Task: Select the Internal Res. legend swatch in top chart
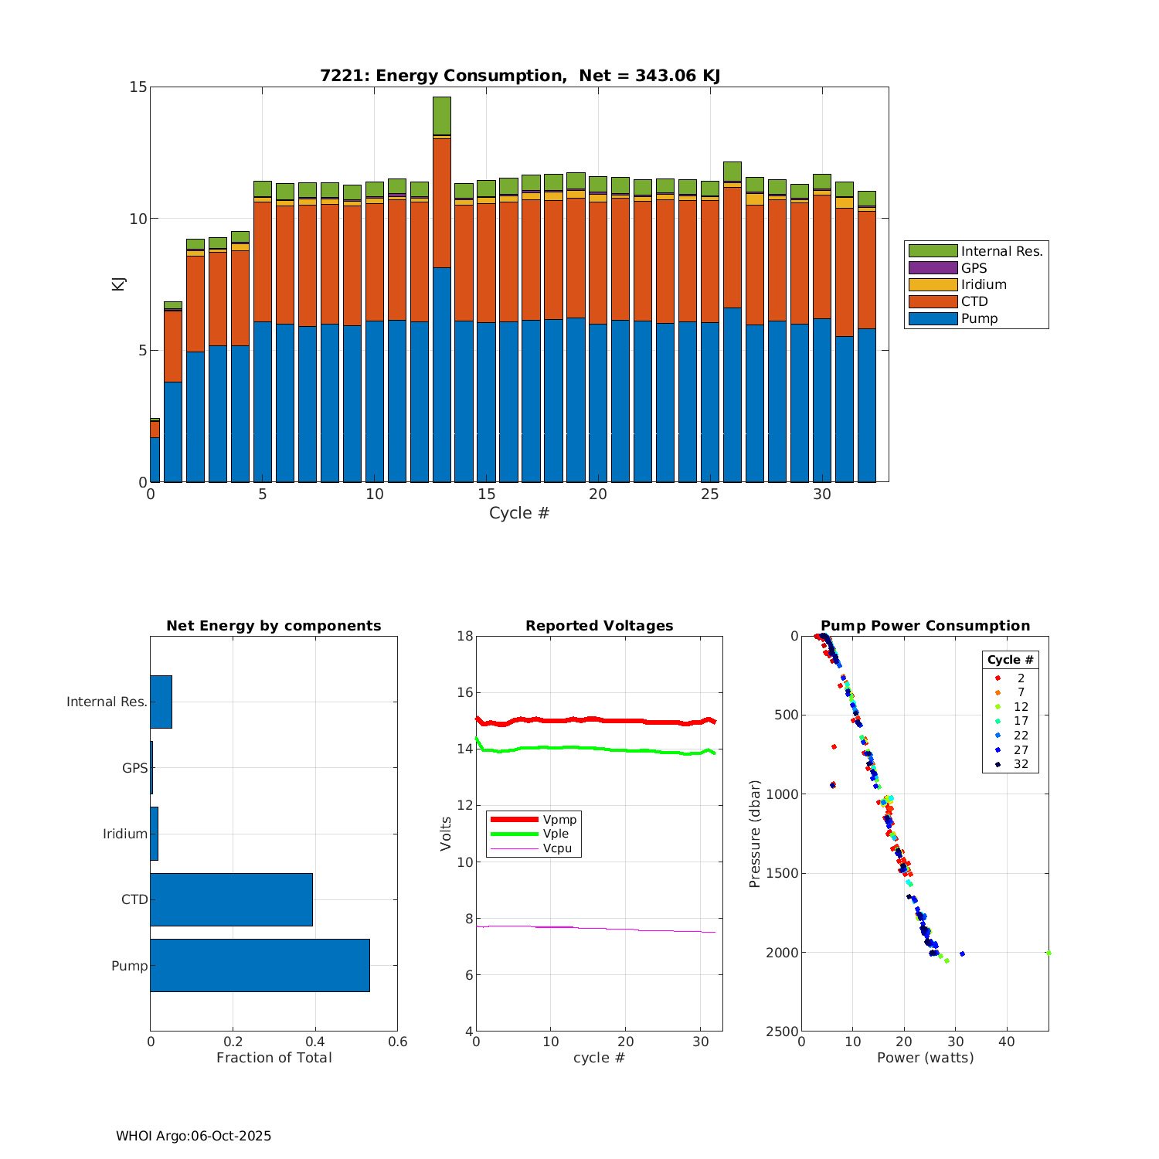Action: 933,251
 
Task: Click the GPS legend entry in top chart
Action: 974,268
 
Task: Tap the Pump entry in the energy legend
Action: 979,318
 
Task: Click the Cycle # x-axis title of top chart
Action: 519,513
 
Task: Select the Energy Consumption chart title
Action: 520,76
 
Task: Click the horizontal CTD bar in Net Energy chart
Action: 231,899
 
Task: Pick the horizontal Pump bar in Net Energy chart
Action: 260,965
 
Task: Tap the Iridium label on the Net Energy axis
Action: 125,834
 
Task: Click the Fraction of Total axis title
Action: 274,1057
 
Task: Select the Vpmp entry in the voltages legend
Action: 559,819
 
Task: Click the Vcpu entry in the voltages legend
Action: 557,848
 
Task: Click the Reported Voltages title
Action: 599,626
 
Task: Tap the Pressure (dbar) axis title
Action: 755,833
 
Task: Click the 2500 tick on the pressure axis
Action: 783,1032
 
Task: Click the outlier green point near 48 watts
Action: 1048,953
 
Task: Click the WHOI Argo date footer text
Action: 193,1136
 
